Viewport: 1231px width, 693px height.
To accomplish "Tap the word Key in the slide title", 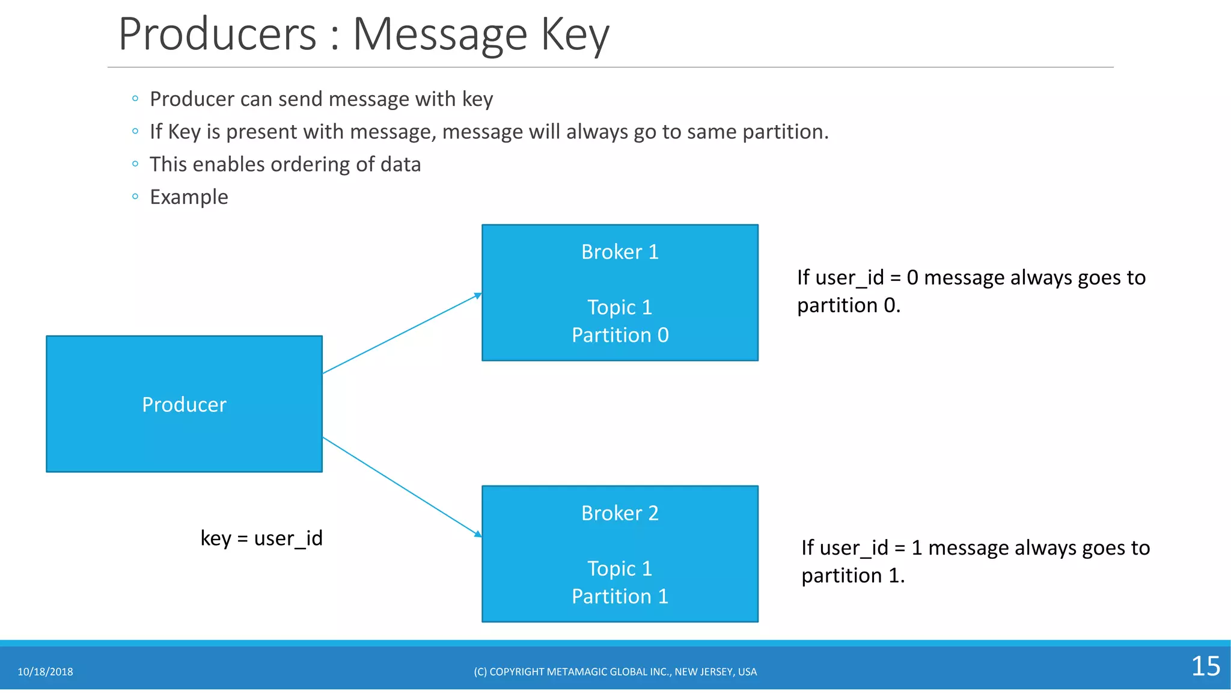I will (575, 35).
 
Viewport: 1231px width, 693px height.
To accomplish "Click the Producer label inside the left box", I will (184, 405).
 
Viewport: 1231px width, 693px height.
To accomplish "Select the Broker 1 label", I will (620, 252).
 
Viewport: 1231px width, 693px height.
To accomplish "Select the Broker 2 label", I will (620, 513).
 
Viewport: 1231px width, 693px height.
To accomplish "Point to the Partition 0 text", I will (620, 335).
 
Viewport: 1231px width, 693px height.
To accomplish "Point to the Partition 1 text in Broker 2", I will (620, 596).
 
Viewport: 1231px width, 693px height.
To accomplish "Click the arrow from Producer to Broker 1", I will (402, 334).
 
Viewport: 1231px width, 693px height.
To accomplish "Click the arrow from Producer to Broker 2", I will (402, 486).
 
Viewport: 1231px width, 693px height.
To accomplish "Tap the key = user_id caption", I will (261, 538).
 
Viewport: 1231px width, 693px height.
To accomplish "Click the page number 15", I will (1205, 667).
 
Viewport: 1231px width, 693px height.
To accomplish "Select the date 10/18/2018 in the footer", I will (45, 672).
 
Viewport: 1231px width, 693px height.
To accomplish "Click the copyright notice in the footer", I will (615, 672).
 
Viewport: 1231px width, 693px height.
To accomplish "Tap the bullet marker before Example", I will (135, 196).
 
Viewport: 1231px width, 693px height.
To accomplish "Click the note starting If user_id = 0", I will (970, 291).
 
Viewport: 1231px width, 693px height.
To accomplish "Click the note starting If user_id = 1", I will (974, 561).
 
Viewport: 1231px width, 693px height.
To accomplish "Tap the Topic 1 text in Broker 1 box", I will (620, 307).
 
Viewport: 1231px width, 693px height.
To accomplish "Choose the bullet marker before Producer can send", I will (135, 98).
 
